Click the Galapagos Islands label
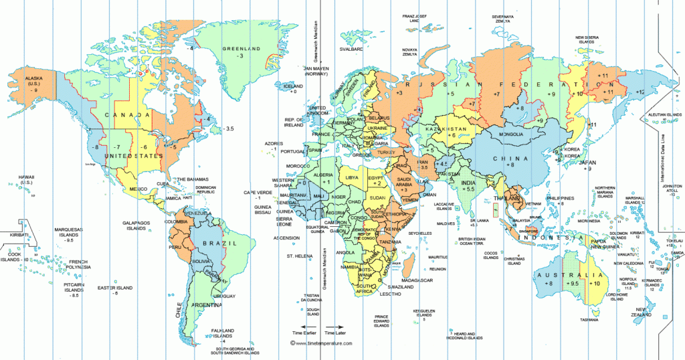[x=134, y=226]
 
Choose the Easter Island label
[x=115, y=288]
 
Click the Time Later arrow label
[x=336, y=333]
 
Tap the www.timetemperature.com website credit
[x=322, y=343]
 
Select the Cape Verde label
[x=256, y=195]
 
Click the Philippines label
[x=560, y=199]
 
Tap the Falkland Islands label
[x=223, y=333]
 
